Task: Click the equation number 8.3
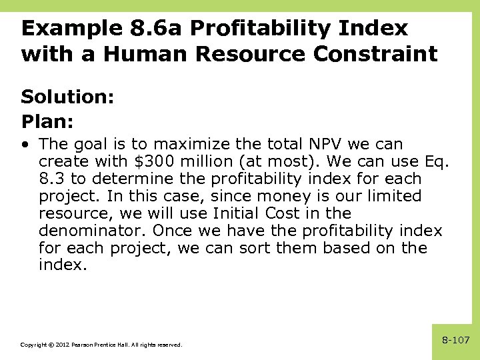(x=51, y=179)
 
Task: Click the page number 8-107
(x=456, y=341)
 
